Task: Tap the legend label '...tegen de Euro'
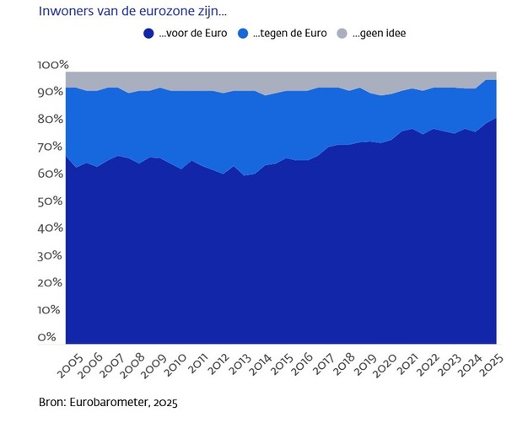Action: click(x=290, y=34)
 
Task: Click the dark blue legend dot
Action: click(x=148, y=34)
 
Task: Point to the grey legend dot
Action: click(x=342, y=34)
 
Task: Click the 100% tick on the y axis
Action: click(x=53, y=65)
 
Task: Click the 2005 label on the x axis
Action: click(x=69, y=367)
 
